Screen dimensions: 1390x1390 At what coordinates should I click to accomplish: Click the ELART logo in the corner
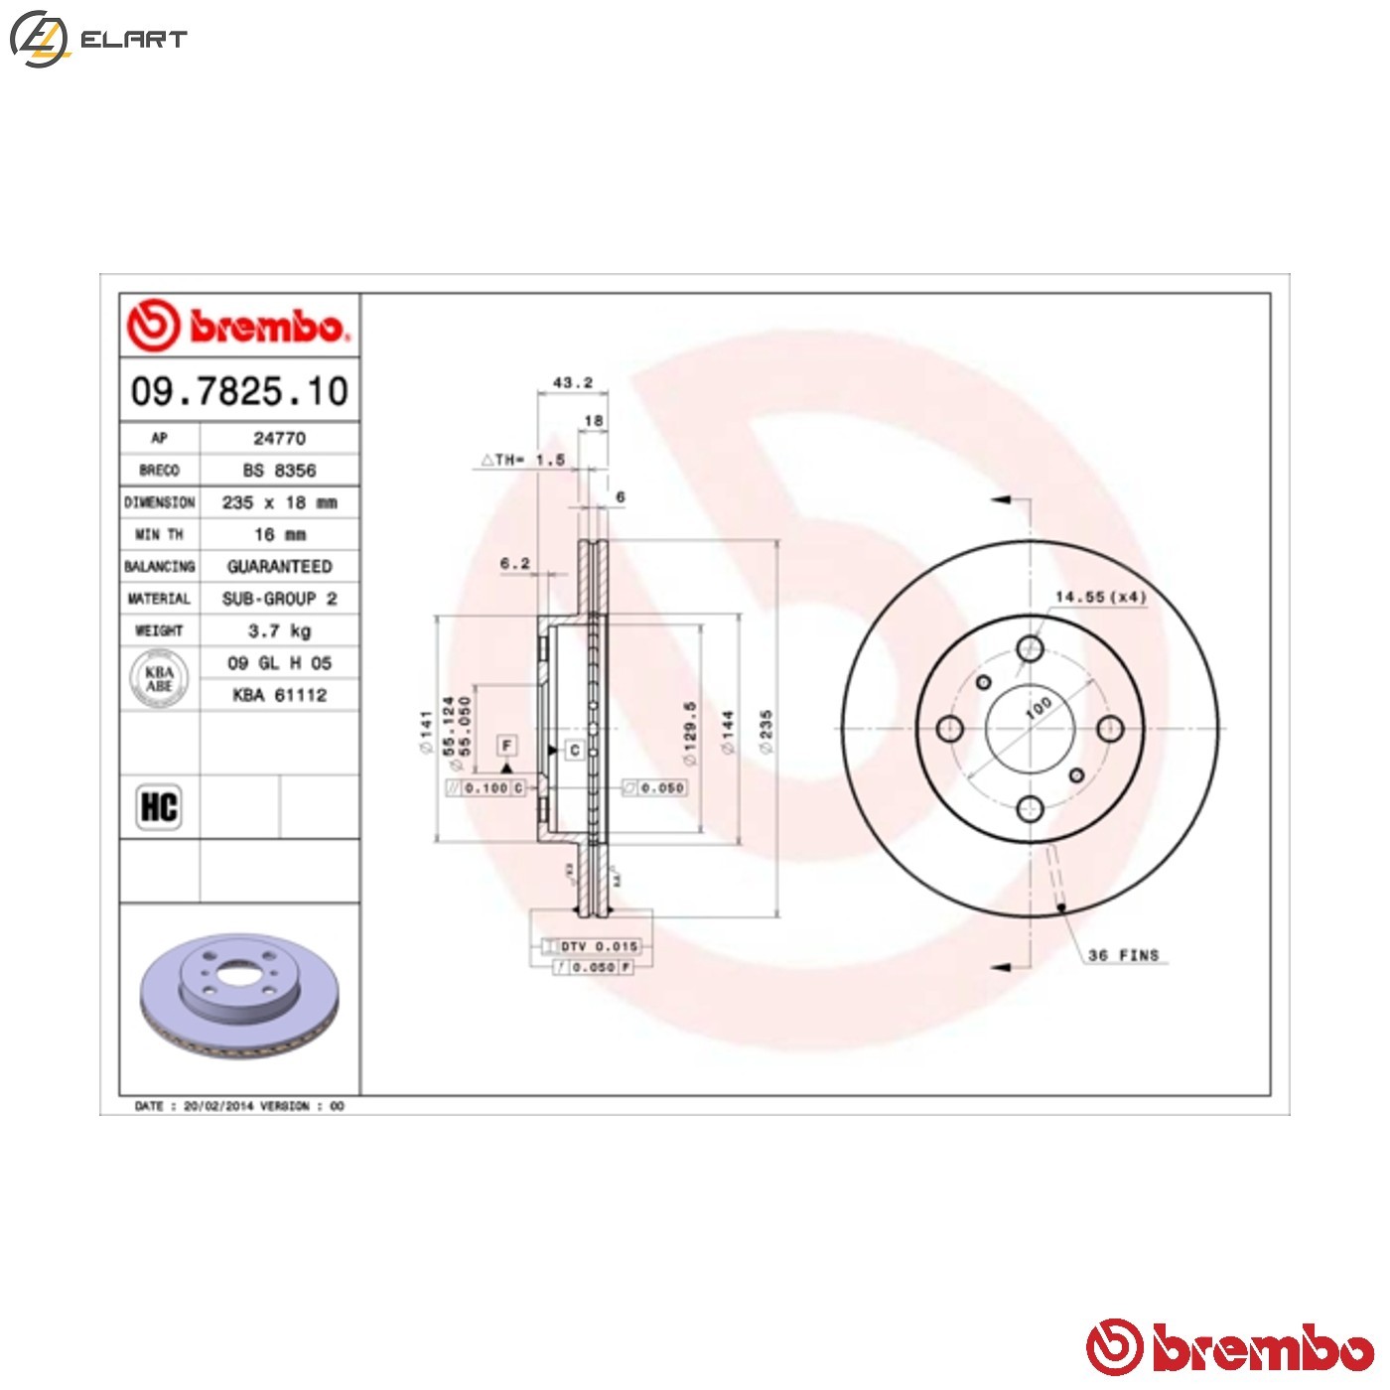pos(97,39)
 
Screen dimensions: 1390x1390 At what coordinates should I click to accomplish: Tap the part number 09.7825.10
pos(239,391)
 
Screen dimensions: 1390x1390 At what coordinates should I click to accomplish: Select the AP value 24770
pos(279,438)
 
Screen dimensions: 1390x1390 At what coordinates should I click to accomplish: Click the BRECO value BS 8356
pos(279,471)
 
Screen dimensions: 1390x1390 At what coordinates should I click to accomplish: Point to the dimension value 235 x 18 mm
pos(279,502)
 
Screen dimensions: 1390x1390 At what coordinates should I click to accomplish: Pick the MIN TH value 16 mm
pos(279,534)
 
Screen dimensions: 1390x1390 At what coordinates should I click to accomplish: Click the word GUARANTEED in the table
pos(279,566)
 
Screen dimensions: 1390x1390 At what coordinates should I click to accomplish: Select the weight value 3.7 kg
pos(279,630)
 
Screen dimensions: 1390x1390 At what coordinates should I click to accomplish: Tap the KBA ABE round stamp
pos(159,679)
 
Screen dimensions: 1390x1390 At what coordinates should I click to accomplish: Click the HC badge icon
pos(159,806)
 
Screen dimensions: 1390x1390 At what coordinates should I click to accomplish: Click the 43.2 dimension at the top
pos(572,382)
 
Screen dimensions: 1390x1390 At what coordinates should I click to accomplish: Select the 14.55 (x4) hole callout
pos(1099,597)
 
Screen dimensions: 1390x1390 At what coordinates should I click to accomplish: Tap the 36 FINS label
pos(1123,955)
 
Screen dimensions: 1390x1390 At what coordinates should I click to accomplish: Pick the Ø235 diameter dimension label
pos(765,731)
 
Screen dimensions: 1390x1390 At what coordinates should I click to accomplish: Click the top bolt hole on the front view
pos(1031,649)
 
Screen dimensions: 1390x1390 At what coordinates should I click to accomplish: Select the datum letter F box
pos(507,745)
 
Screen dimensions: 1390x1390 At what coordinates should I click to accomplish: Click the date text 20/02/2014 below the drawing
pos(218,1106)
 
